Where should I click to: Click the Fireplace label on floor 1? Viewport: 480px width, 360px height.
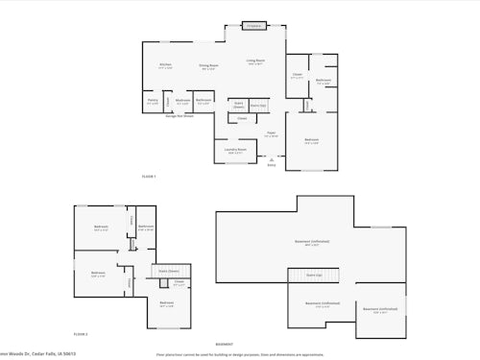(x=253, y=25)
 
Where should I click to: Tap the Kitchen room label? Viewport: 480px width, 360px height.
(x=164, y=65)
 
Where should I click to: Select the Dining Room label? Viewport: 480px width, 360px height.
(x=207, y=66)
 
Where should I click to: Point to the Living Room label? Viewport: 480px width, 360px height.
(x=255, y=61)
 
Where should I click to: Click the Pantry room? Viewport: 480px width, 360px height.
(x=153, y=101)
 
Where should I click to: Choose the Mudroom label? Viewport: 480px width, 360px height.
(x=181, y=101)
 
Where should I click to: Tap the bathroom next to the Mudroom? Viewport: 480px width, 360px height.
(x=204, y=101)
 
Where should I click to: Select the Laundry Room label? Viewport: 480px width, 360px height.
(x=236, y=151)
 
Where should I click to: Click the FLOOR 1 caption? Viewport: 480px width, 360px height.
(x=149, y=177)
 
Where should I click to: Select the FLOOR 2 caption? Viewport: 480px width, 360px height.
(x=81, y=334)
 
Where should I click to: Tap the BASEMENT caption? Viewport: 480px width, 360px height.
(x=224, y=344)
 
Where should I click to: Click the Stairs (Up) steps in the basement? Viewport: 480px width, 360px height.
(x=314, y=276)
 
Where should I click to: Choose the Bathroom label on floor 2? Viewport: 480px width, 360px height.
(x=145, y=228)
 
